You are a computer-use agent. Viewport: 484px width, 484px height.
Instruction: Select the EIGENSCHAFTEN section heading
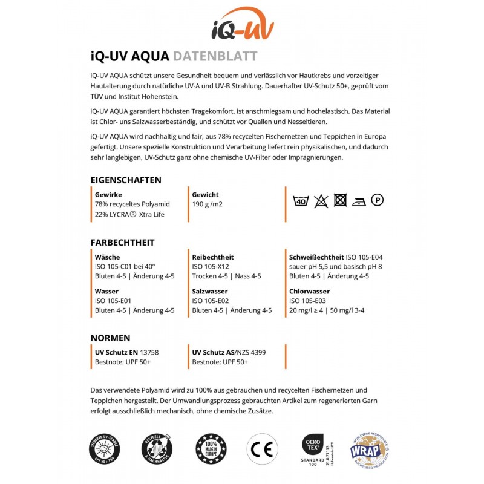coord(126,180)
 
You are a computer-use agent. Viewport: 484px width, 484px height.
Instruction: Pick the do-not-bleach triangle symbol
coord(321,200)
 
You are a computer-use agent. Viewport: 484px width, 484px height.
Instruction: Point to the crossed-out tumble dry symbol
coord(340,200)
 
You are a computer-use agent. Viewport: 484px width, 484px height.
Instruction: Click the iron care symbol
coord(359,201)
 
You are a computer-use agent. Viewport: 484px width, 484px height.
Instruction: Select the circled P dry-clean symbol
coord(378,200)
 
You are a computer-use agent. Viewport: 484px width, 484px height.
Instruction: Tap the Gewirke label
coord(109,195)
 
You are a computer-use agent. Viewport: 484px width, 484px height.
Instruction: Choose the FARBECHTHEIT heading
coord(122,243)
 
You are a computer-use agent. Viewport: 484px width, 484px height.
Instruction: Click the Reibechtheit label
coord(212,257)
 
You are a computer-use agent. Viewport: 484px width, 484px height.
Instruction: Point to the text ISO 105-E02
coord(210,301)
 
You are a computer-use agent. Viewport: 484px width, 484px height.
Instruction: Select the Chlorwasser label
coord(309,291)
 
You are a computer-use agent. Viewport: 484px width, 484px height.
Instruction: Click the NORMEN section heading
coord(110,338)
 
